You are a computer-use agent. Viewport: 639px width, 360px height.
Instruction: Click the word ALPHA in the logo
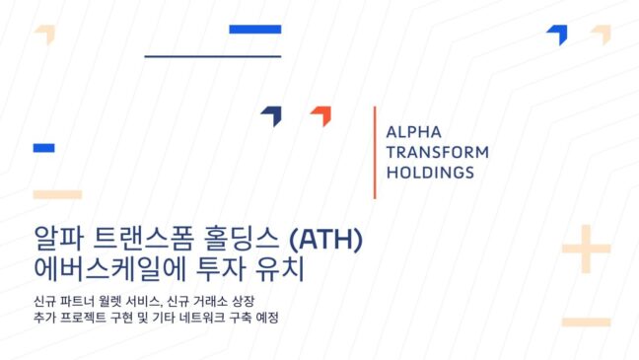click(x=413, y=132)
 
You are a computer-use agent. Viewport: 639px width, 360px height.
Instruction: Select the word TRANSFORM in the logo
click(x=438, y=152)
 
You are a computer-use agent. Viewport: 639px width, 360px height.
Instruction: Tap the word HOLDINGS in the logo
click(x=430, y=173)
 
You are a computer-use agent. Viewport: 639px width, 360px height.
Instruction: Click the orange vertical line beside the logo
click(x=375, y=153)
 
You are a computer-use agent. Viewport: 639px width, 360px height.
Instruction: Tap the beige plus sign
click(x=586, y=249)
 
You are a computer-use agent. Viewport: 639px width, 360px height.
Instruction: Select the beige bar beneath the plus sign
click(x=586, y=323)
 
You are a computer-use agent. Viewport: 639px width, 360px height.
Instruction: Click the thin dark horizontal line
click(x=213, y=56)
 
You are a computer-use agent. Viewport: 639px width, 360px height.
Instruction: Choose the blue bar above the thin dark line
click(x=255, y=30)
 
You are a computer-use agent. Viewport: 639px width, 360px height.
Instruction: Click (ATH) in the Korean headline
click(x=325, y=240)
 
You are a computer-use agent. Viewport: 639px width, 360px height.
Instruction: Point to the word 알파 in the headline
click(x=59, y=239)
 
